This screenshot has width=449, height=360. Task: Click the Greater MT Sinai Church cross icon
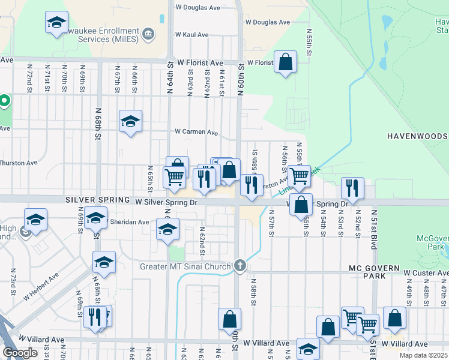click(x=240, y=266)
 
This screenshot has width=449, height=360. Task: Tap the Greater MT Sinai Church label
click(x=185, y=266)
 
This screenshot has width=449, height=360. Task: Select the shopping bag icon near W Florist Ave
click(x=286, y=61)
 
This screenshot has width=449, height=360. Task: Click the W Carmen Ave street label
click(x=196, y=132)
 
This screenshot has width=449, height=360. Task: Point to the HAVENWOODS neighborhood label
click(x=417, y=136)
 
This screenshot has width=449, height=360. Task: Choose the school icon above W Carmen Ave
click(x=130, y=121)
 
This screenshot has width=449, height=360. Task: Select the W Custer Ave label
click(x=425, y=273)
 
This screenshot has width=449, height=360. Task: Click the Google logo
click(x=19, y=353)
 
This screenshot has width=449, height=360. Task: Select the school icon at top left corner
click(x=56, y=22)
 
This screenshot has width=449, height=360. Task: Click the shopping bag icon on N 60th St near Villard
click(x=229, y=319)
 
